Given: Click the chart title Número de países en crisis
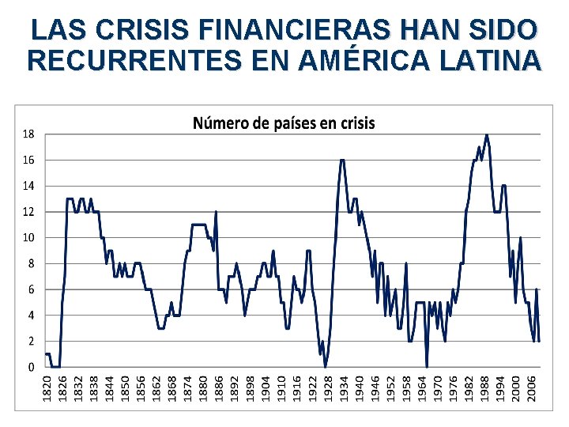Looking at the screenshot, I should click(284, 123).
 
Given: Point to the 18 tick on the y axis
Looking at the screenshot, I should click(28, 134).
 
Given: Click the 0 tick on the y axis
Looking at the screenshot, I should click(31, 368).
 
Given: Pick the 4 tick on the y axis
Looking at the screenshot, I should click(31, 316).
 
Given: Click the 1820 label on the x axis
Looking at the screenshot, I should click(47, 387).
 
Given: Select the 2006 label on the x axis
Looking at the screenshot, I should click(532, 387).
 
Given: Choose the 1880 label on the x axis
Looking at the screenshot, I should click(202, 387).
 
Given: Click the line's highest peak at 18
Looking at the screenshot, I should click(487, 135).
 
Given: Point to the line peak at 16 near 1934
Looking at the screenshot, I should click(342, 161).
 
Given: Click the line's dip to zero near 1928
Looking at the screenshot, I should click(325, 366).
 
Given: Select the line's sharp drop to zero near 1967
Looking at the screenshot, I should click(427, 366).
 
